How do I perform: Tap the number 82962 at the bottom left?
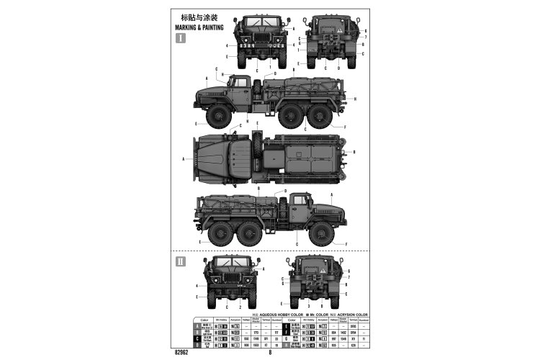[x=182, y=352]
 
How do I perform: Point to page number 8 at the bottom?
[x=270, y=352]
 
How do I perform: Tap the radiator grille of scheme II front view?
[x=228, y=282]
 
